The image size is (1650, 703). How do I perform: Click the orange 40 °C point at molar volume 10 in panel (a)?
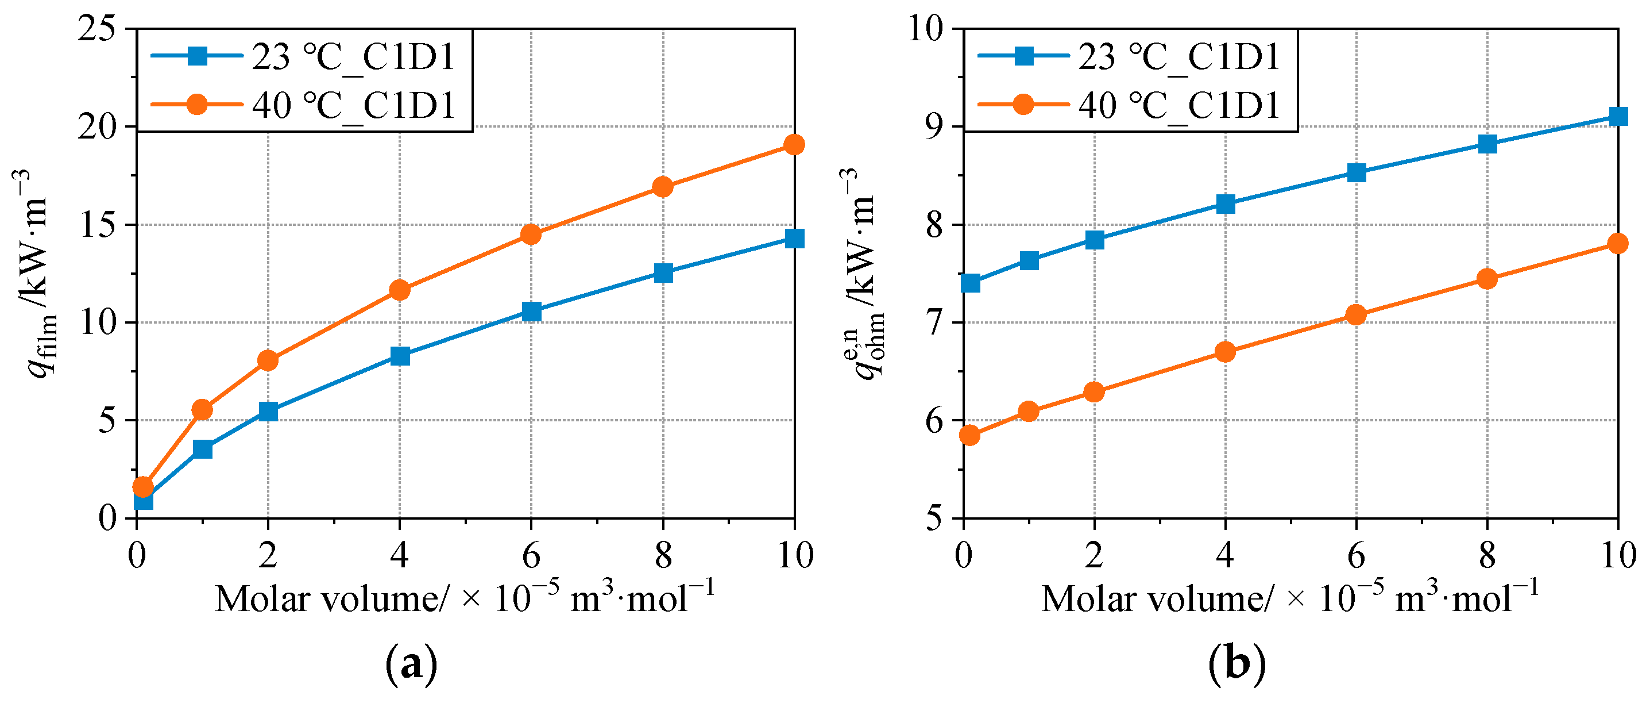click(x=794, y=145)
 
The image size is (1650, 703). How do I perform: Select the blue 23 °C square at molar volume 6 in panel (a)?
click(x=531, y=312)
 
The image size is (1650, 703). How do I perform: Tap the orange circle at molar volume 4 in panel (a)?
click(x=400, y=290)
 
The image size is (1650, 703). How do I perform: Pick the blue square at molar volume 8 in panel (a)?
click(x=663, y=273)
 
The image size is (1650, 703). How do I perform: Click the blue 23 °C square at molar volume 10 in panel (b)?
click(x=1618, y=116)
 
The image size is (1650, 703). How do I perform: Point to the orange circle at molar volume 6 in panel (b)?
click(x=1356, y=314)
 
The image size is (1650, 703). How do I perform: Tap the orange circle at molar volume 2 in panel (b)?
click(x=1094, y=391)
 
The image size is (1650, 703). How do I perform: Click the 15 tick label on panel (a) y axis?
click(x=98, y=224)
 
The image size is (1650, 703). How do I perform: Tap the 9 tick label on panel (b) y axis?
click(x=936, y=126)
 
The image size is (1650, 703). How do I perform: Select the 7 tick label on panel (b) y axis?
click(x=936, y=322)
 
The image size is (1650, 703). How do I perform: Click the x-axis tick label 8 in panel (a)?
click(x=663, y=554)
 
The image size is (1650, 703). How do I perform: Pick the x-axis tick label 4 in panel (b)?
click(x=1224, y=554)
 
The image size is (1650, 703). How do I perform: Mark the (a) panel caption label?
click(x=411, y=665)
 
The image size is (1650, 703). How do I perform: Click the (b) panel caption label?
click(x=1237, y=665)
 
